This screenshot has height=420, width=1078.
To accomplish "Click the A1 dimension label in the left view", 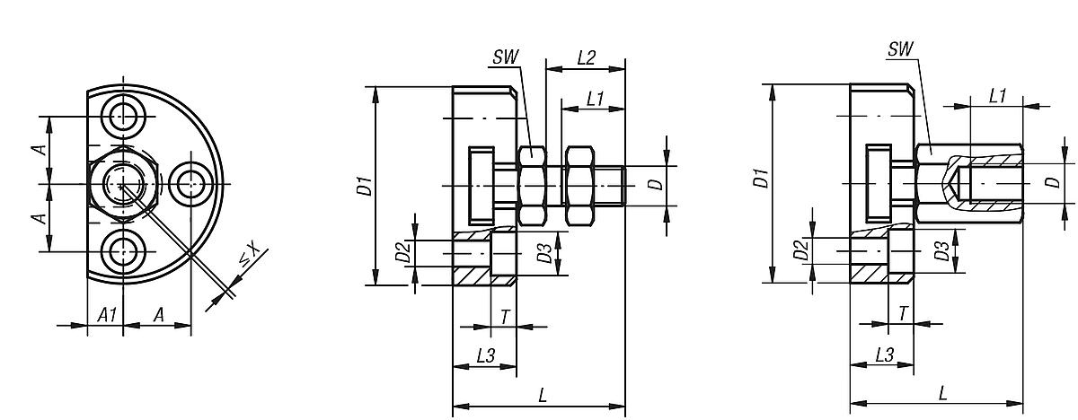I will (106, 314).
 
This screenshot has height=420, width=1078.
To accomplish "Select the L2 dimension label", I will (586, 57).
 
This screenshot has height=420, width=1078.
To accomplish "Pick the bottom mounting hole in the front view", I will (122, 252).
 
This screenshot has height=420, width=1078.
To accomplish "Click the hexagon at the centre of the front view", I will (122, 183).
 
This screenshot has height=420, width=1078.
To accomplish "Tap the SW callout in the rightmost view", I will (898, 50).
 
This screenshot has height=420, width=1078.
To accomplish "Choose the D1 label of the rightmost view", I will (761, 178).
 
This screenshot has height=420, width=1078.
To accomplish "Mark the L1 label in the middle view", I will (594, 99).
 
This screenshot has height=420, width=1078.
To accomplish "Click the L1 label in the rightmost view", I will (996, 96).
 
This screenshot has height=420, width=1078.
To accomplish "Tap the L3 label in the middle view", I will (485, 355).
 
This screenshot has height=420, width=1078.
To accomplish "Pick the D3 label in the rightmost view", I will (941, 251).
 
